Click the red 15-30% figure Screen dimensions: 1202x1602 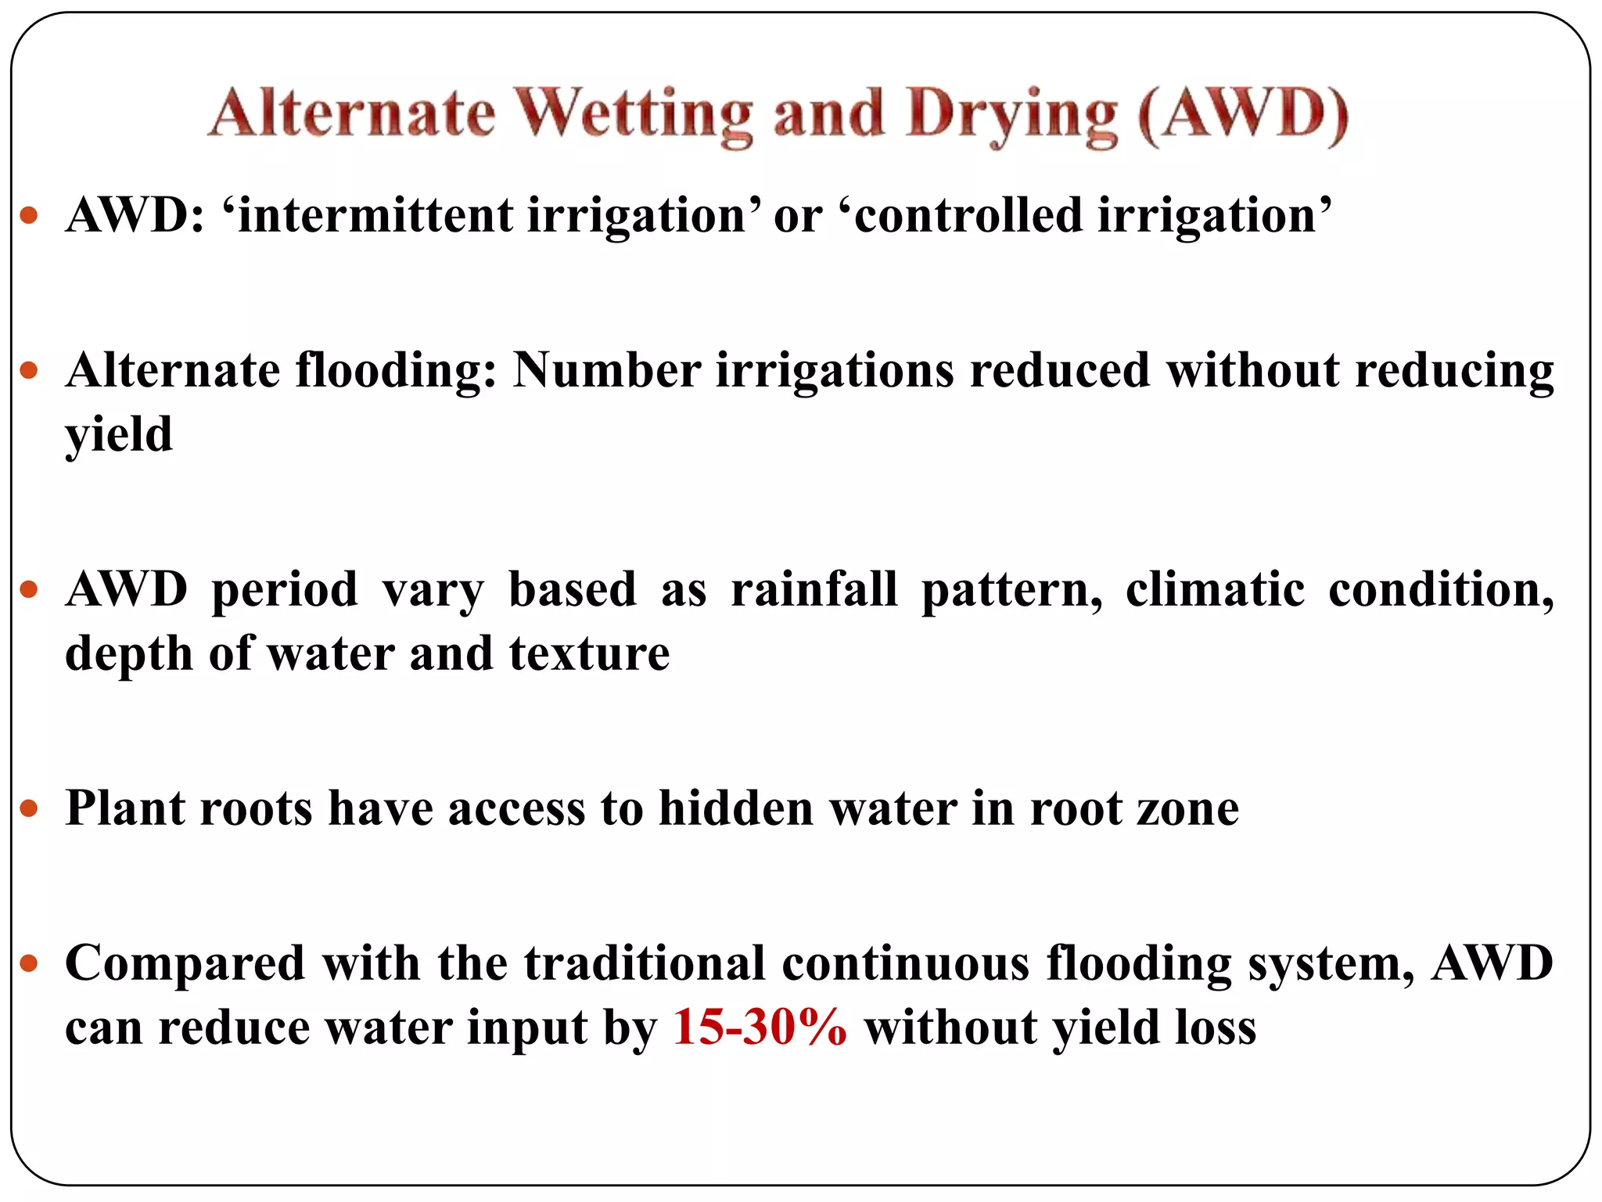point(759,1027)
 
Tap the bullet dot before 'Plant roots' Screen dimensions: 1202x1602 point(29,808)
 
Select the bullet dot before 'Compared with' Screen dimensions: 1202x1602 point(29,963)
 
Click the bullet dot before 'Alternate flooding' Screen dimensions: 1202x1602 point(29,370)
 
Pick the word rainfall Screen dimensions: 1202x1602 point(814,589)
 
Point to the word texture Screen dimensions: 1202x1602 point(589,653)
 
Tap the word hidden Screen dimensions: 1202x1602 point(735,808)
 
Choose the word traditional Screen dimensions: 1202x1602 point(644,963)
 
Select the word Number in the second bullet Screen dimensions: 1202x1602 point(606,370)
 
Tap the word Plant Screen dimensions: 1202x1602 point(124,808)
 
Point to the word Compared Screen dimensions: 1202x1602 point(185,964)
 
